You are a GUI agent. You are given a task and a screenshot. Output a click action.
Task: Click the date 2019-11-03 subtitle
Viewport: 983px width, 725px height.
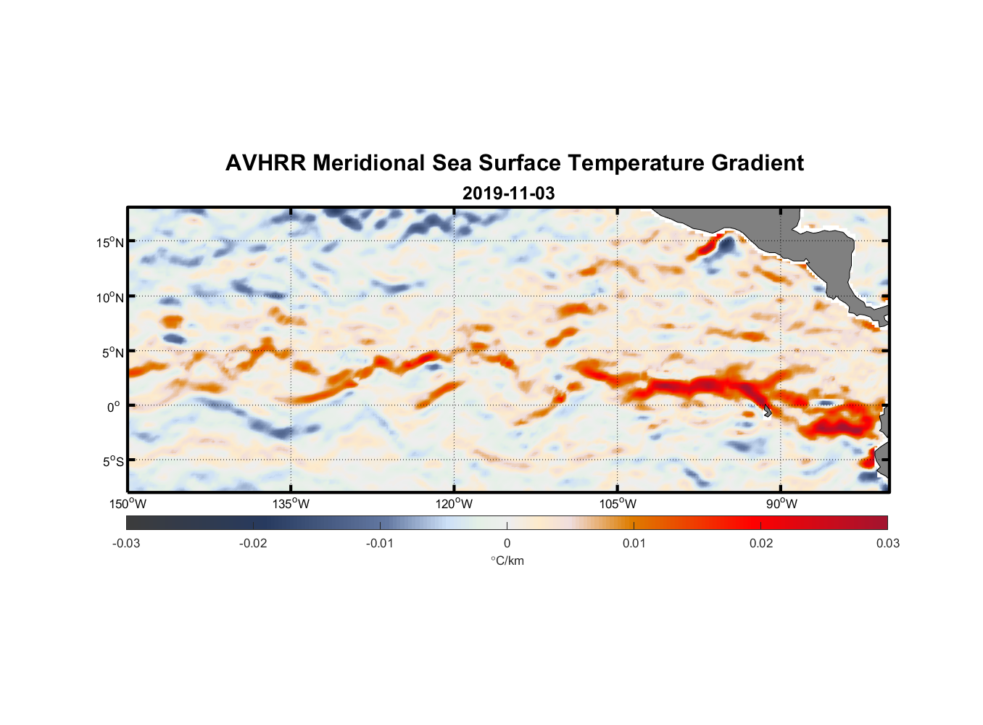pos(508,194)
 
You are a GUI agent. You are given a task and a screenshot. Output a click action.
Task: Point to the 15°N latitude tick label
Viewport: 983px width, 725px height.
pos(110,242)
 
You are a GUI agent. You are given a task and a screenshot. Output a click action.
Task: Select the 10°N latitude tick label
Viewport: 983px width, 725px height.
pos(110,297)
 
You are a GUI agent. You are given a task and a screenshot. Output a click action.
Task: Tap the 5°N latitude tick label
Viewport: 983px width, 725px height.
pos(112,352)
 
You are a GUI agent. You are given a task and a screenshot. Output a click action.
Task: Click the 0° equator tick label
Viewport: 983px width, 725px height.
pos(115,407)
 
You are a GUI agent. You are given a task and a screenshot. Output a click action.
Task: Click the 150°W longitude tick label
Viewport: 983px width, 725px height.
pos(128,504)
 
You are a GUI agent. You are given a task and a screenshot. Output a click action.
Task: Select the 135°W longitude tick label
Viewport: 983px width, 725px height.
pos(291,504)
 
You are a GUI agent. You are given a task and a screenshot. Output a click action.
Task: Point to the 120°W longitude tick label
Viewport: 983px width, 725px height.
pos(454,504)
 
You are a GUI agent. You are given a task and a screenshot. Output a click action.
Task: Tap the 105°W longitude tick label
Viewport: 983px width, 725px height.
pos(618,504)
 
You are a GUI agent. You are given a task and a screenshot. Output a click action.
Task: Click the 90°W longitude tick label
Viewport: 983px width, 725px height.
pos(781,504)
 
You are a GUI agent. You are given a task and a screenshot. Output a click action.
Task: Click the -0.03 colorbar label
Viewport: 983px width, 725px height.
pos(126,544)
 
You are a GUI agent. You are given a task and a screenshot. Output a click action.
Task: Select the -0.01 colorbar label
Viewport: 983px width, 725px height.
pos(380,544)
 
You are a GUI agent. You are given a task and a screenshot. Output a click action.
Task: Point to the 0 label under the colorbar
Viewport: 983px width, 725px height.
pos(507,544)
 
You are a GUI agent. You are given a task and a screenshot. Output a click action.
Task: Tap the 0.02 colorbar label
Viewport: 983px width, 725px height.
pos(761,544)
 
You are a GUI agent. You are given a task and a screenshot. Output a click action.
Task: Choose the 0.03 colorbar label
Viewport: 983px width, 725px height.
pos(887,544)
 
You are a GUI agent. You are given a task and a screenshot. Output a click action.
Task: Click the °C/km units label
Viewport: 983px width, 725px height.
pos(507,560)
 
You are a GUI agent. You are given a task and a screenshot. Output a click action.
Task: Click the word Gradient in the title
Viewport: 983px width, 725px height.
pos(758,163)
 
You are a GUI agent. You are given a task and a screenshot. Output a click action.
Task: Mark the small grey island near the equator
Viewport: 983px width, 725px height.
pos(766,411)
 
